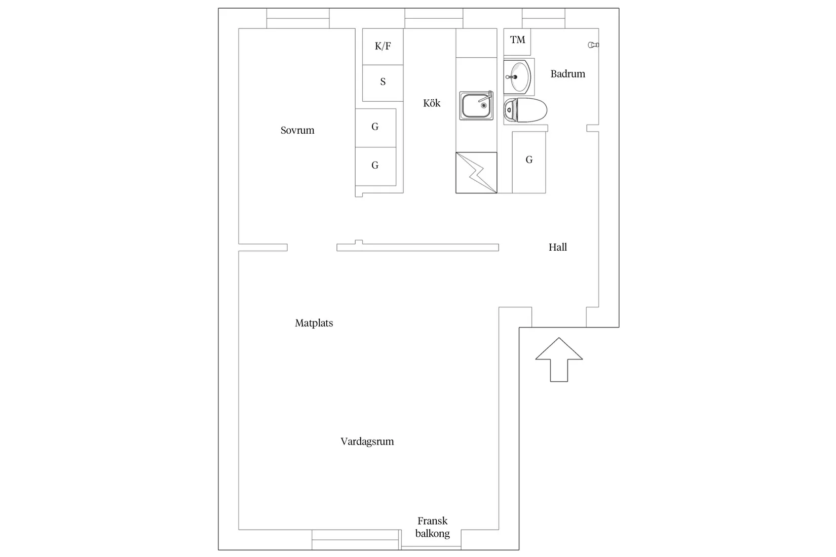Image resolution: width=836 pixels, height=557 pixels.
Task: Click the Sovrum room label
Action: [297, 130]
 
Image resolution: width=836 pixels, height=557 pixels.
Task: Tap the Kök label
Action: [432, 103]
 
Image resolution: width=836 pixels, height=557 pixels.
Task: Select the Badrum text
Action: [567, 74]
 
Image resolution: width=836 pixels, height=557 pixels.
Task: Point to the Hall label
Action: [557, 247]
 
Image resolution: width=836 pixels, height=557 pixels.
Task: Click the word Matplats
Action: [314, 323]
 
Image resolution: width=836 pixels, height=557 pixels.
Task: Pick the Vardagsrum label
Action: [367, 442]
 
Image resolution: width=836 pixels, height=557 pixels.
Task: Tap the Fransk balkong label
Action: [433, 527]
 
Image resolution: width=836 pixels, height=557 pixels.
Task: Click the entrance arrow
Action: [559, 360]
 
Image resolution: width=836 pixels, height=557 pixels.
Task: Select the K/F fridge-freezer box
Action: [383, 47]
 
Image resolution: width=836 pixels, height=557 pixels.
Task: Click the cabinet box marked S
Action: [383, 83]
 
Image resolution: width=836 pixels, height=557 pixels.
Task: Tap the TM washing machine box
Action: [517, 42]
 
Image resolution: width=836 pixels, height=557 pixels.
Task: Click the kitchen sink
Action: [477, 106]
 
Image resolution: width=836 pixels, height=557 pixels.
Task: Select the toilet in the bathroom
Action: [525, 110]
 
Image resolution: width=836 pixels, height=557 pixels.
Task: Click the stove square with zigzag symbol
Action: [476, 173]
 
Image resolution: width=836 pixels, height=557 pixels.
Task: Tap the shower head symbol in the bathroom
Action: [593, 45]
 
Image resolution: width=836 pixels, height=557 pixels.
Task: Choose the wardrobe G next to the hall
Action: [529, 162]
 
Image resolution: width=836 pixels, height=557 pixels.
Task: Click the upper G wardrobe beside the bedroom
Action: [376, 128]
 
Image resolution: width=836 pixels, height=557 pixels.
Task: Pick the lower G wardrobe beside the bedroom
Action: [376, 167]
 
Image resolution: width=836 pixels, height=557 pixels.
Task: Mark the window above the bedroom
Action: [298, 18]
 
